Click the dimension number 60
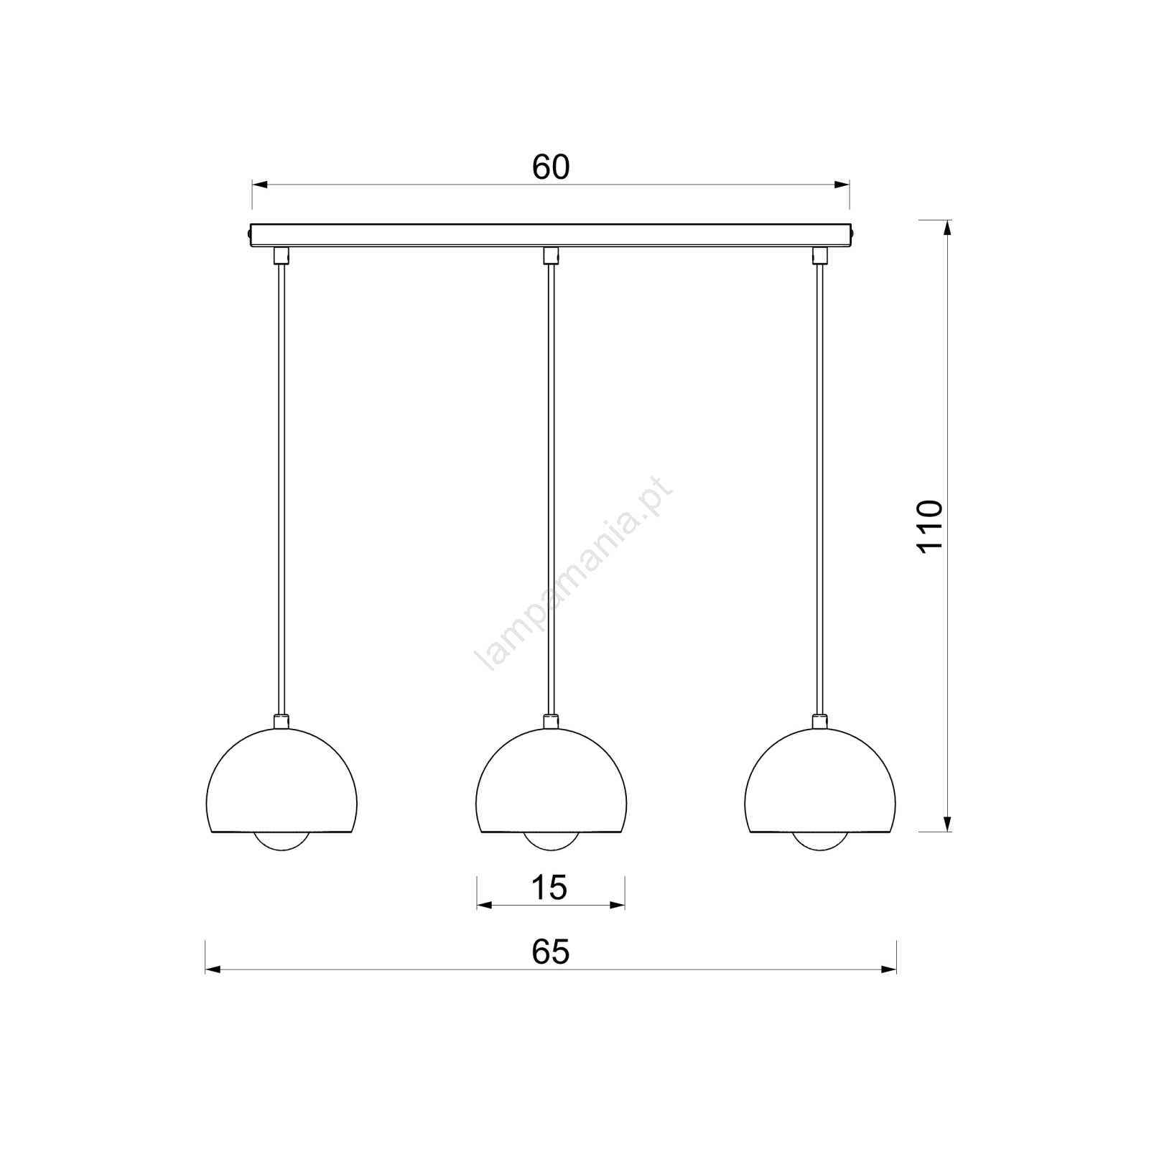coord(551,167)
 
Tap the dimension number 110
coord(930,526)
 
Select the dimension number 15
coord(549,888)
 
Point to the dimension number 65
coord(551,952)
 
